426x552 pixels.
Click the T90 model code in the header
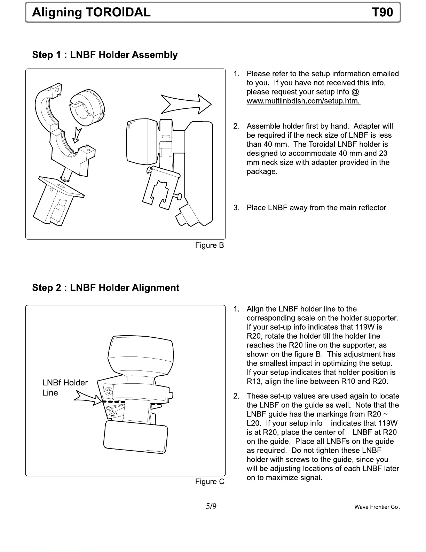coord(382,13)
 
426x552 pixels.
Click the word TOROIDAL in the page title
coord(118,13)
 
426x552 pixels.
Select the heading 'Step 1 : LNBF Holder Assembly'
coord(105,55)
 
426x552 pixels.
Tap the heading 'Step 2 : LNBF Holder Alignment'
coord(105,288)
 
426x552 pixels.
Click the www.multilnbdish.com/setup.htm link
coord(303,101)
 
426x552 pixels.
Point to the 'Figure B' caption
coord(210,245)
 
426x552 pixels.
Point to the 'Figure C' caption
coord(210,482)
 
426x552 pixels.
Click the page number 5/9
coord(211,506)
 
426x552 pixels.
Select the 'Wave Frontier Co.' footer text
coord(377,507)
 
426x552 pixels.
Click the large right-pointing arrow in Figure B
coord(186,104)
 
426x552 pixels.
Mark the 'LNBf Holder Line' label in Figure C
coord(65,388)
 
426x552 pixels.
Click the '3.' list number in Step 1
coord(237,208)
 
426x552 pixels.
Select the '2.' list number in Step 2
coord(237,396)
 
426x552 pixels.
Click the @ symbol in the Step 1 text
coord(355,92)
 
